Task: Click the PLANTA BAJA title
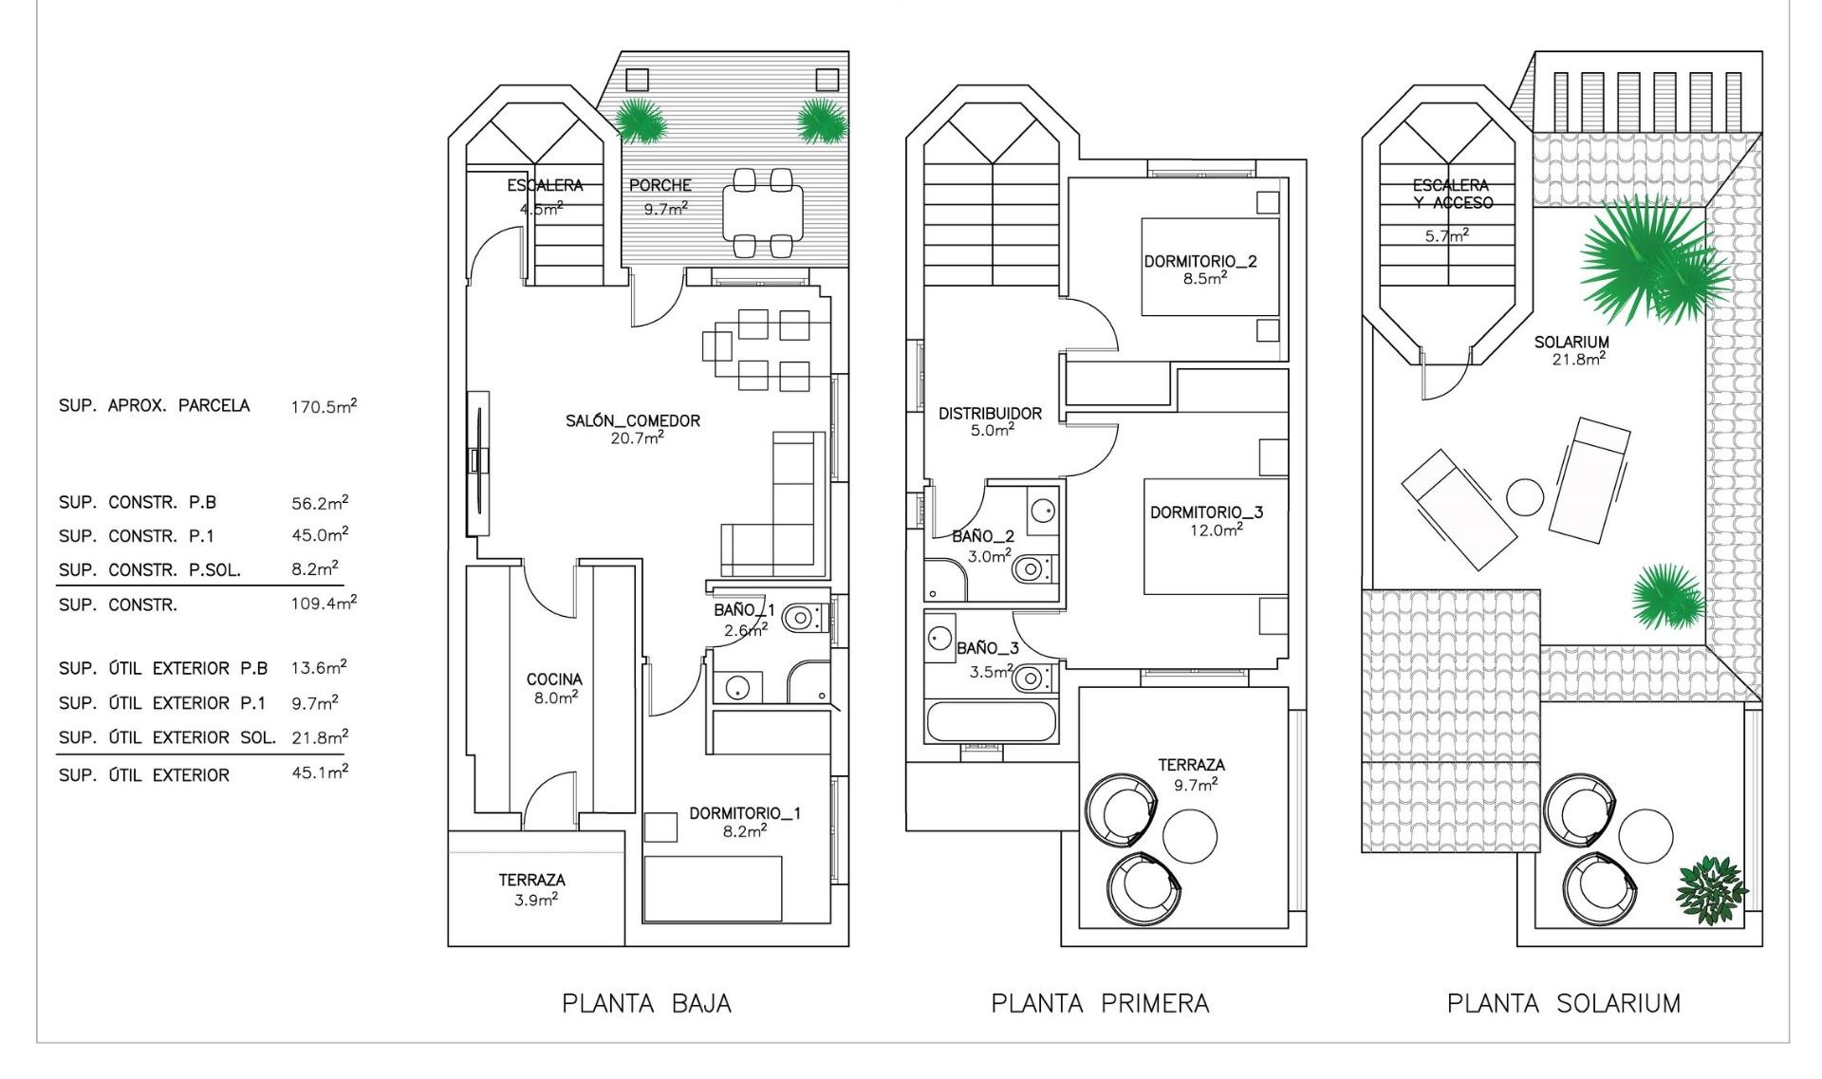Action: [x=646, y=1003]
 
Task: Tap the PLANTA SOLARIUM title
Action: [x=1563, y=1003]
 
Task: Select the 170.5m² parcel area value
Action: [x=324, y=407]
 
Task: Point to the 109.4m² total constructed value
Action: [x=323, y=603]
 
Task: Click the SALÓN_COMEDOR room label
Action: [x=633, y=420]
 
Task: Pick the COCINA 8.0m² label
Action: [x=554, y=687]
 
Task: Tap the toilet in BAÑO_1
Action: [x=800, y=619]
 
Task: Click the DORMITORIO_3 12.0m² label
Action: [x=1206, y=520]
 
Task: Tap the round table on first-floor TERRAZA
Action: [x=1189, y=834]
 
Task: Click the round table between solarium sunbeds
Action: [x=1525, y=496]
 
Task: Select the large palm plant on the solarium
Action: [x=1642, y=261]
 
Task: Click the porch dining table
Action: [x=762, y=214]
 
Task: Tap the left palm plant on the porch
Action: [x=641, y=121]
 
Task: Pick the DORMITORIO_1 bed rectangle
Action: [x=713, y=888]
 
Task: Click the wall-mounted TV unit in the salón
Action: [x=478, y=462]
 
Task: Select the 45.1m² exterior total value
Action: [x=319, y=772]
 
